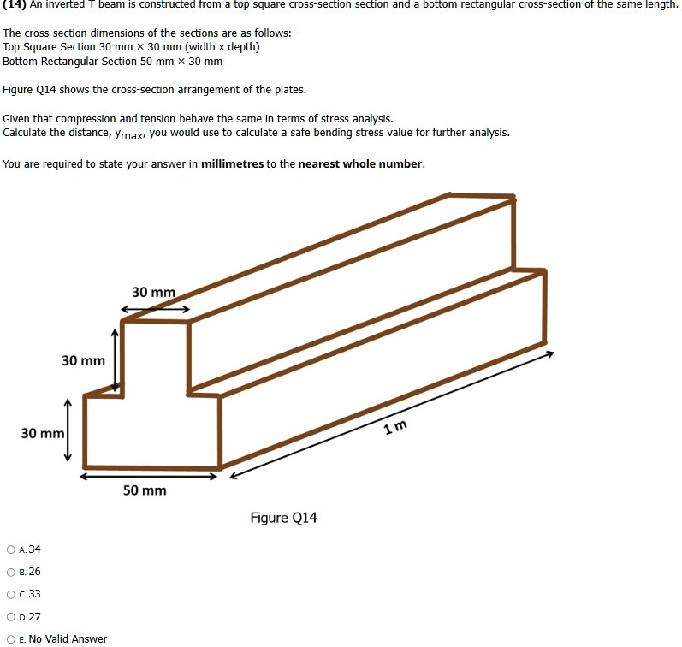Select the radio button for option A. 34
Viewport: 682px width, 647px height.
[x=10, y=549]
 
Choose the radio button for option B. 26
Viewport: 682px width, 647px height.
[x=10, y=572]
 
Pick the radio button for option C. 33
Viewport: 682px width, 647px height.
[x=10, y=594]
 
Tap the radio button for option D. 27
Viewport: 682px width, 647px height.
[x=10, y=616]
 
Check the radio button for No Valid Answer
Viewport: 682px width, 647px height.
[x=10, y=638]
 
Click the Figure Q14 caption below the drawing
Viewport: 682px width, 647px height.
[x=283, y=518]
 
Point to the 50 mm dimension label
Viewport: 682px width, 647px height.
[x=144, y=490]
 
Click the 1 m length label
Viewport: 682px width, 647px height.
[x=396, y=427]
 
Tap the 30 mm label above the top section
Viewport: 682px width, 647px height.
[x=153, y=293]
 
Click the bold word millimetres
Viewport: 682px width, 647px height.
[x=232, y=163]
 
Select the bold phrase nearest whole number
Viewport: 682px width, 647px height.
[x=360, y=163]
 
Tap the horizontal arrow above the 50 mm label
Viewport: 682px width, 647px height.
[x=151, y=476]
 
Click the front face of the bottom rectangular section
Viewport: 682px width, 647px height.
[x=151, y=432]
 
